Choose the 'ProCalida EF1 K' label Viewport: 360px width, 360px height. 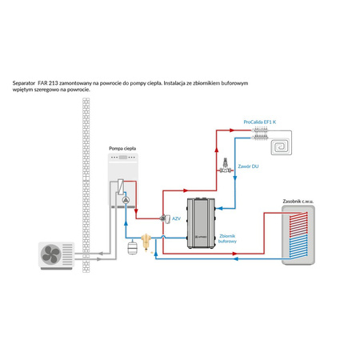(x=259, y=122)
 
